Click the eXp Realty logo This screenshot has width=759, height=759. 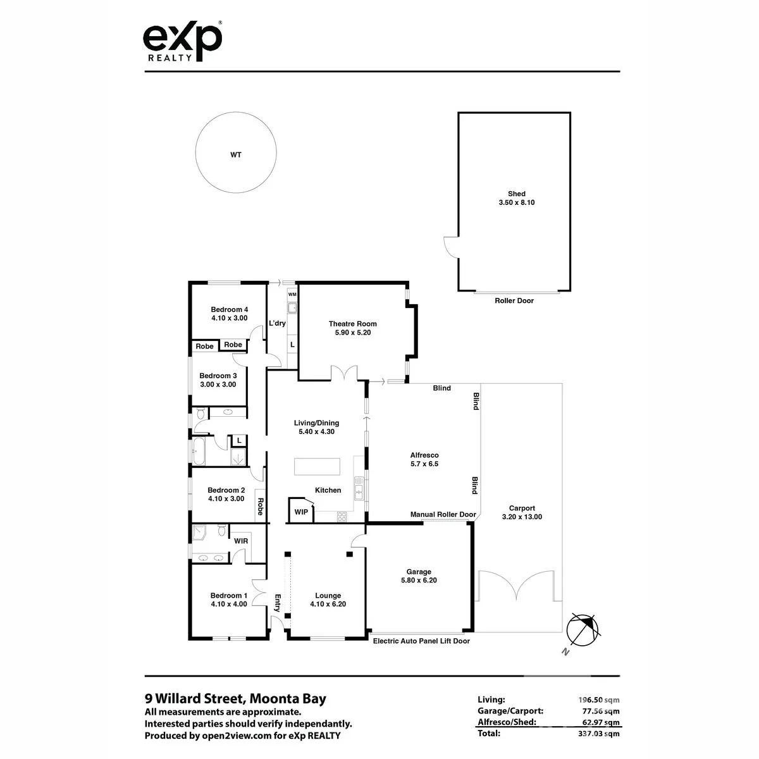[182, 41]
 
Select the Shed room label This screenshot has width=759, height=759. [516, 194]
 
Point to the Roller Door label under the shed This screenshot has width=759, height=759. [514, 300]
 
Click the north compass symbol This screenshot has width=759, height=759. [582, 630]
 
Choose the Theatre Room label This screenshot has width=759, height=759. [352, 324]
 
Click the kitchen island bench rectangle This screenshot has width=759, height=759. [317, 466]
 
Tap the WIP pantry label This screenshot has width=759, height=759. [301, 512]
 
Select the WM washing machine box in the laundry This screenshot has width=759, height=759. [292, 294]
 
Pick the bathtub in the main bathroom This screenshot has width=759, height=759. [199, 450]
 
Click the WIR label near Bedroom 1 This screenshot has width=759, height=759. [240, 541]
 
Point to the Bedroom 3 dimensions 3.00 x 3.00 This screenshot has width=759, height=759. [218, 385]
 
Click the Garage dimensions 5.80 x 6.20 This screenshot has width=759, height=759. [419, 580]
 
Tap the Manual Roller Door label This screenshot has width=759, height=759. [443, 514]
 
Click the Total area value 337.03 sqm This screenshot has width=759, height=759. [599, 734]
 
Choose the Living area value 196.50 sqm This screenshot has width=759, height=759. [599, 700]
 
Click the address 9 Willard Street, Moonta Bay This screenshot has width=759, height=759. [235, 698]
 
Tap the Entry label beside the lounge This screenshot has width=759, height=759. [277, 603]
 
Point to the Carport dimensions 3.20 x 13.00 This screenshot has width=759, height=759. [522, 517]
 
